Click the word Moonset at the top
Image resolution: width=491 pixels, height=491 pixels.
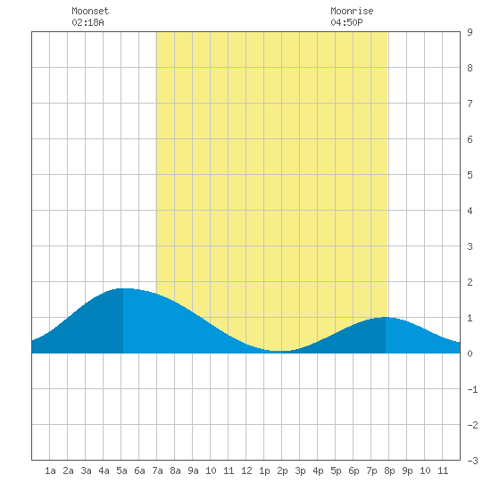(90, 11)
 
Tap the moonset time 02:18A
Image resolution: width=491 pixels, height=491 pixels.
(87, 22)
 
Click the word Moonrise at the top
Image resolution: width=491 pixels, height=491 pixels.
(352, 11)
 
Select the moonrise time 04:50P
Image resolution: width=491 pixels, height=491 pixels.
(346, 22)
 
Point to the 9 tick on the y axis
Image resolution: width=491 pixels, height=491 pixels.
(470, 32)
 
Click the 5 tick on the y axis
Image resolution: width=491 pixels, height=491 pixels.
(470, 175)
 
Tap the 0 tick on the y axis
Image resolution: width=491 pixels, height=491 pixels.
(470, 354)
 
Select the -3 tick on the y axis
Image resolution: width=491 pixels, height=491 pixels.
(472, 461)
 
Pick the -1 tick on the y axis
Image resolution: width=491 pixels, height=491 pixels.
(472, 389)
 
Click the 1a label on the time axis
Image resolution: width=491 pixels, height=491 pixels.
(50, 470)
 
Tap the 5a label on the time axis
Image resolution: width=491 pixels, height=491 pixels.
(121, 470)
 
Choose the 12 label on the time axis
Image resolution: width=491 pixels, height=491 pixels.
(246, 470)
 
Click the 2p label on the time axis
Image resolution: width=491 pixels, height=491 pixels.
(282, 470)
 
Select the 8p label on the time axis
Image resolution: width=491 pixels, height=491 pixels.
(389, 470)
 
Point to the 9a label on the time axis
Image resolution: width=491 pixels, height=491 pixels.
(193, 470)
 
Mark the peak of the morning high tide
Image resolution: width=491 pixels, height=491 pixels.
(123, 288)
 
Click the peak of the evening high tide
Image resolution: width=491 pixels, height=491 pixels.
(386, 317)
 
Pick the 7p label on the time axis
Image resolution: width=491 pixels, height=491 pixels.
(371, 470)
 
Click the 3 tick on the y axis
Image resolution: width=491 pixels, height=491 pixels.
(470, 246)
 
